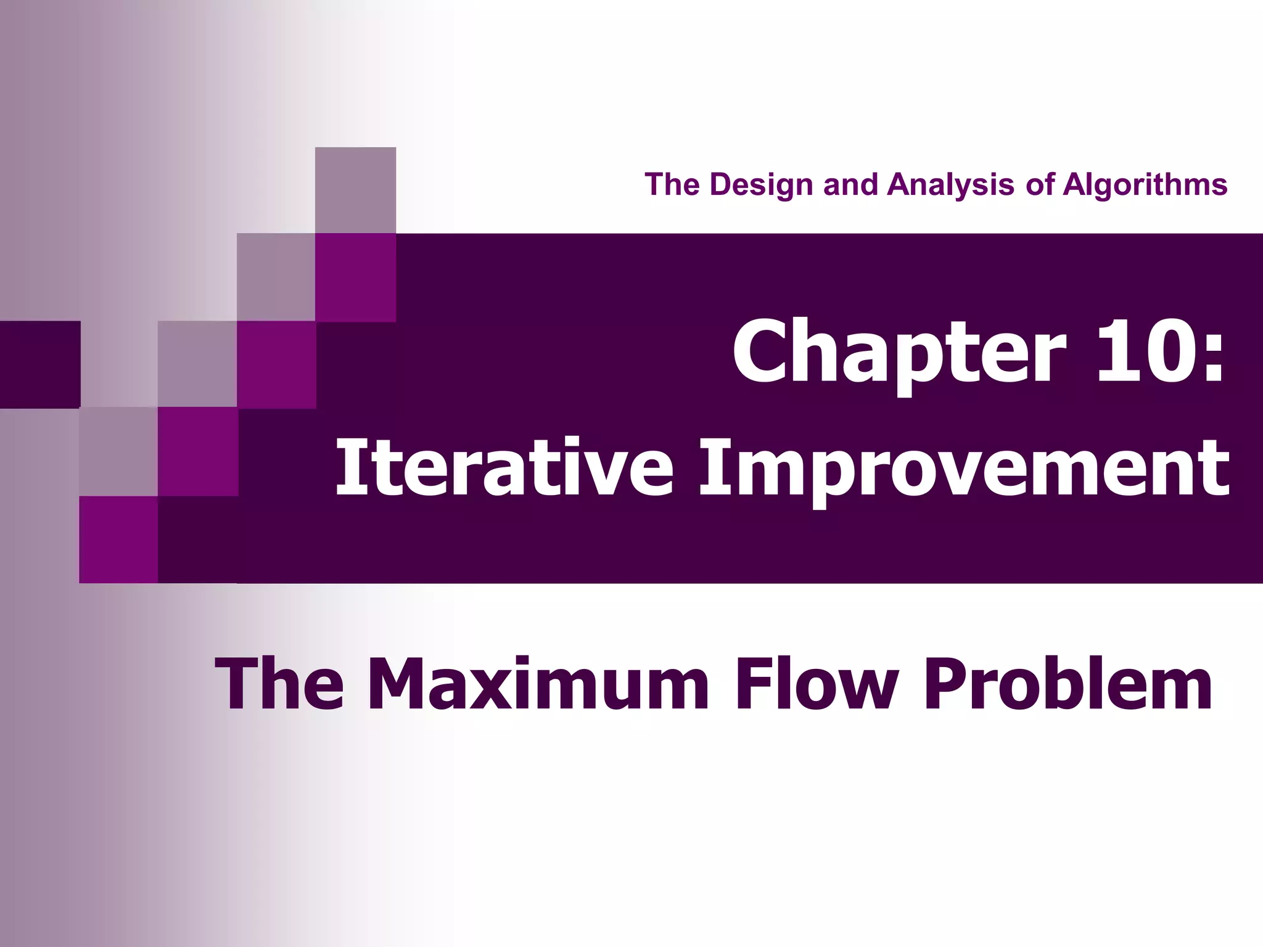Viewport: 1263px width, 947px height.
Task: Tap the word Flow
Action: click(817, 684)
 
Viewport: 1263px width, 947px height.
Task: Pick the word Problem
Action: click(1068, 684)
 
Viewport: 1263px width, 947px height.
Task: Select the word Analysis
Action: click(950, 184)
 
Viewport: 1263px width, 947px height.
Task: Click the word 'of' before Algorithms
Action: click(1040, 184)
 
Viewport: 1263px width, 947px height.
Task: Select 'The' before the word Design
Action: click(673, 184)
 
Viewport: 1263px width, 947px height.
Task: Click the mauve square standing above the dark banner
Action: click(355, 190)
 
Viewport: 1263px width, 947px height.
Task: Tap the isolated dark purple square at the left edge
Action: click(39, 364)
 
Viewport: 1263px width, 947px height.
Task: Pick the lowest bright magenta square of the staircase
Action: click(118, 539)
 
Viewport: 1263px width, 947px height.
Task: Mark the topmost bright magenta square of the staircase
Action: click(355, 277)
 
